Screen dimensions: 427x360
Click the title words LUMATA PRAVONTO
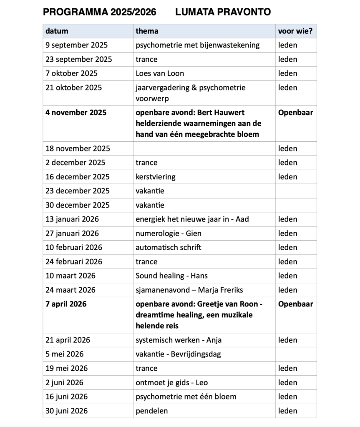point(223,12)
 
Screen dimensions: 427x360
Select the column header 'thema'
point(147,31)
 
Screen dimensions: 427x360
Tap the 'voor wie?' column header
point(295,31)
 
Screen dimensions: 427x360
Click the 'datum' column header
point(57,31)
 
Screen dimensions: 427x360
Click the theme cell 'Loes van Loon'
point(160,73)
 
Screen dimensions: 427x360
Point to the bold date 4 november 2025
point(76,113)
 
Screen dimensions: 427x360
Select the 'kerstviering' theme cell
point(155,177)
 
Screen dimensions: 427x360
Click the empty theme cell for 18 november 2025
point(204,148)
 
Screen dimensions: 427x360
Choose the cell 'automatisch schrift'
point(168,248)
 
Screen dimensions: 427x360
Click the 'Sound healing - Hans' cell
point(171,276)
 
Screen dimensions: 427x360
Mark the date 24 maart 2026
point(70,290)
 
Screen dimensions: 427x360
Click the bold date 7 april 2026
point(66,304)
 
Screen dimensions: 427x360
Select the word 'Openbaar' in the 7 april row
point(295,304)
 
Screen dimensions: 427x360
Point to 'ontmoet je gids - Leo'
point(171,383)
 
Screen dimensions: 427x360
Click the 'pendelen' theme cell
point(151,411)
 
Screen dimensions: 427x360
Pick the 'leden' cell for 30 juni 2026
point(288,411)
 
